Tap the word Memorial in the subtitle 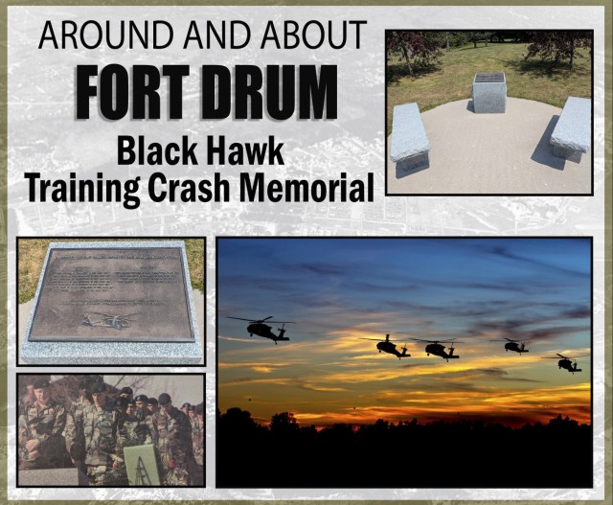click(x=311, y=188)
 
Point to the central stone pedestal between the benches click(x=489, y=93)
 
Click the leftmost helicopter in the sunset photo click(x=262, y=330)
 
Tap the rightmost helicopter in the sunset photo click(x=568, y=363)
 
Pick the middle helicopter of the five click(x=440, y=350)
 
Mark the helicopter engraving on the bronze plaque click(x=111, y=319)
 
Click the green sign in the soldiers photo click(x=141, y=465)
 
